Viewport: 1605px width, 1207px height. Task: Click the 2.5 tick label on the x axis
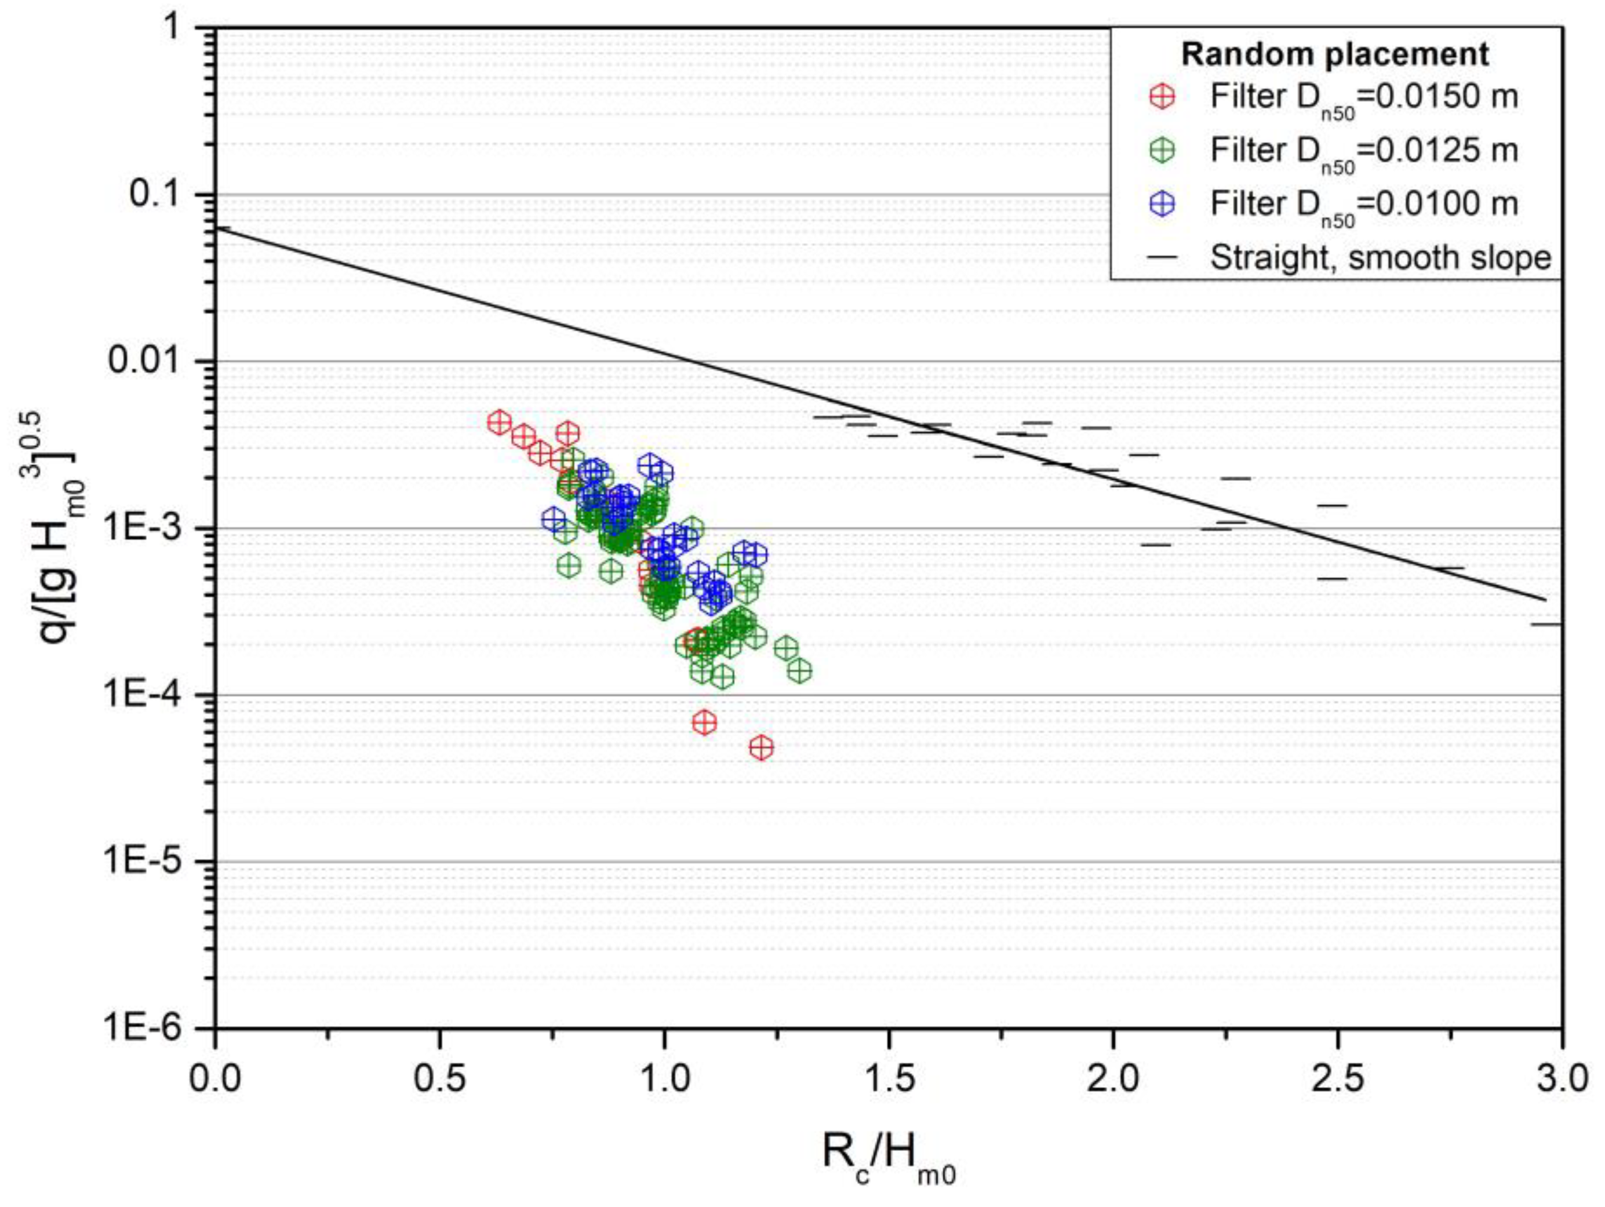[1337, 1078]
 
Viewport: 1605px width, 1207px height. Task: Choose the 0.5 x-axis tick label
[440, 1078]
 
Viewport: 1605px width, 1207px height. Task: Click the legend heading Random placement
[1335, 54]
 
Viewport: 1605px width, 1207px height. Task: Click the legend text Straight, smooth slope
[1381, 257]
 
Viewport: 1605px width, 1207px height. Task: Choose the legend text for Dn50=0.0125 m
[1364, 151]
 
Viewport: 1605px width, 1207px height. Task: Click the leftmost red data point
[498, 422]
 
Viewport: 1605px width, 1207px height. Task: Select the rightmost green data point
[799, 671]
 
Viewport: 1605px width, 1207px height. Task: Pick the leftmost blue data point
[553, 519]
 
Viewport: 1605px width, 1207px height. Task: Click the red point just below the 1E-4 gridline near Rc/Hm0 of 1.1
[704, 723]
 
